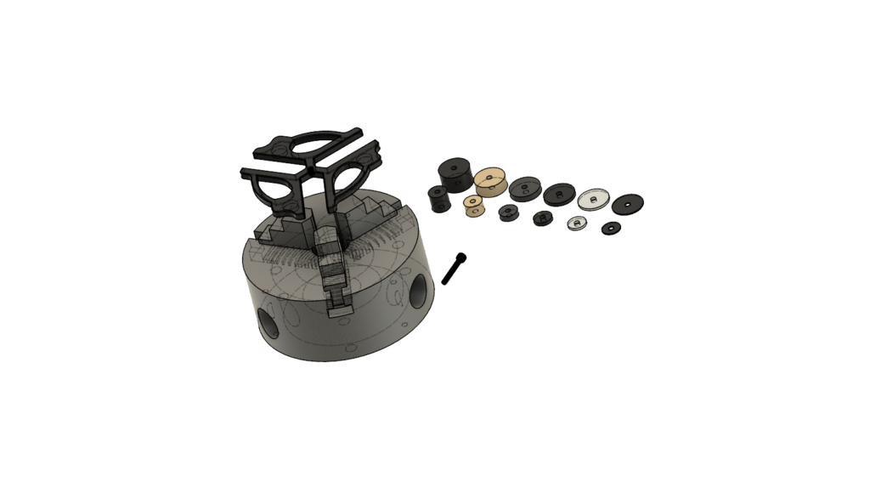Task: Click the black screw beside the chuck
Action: [x=454, y=269]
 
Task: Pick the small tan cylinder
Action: [x=472, y=206]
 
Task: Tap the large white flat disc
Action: [x=591, y=199]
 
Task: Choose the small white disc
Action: [x=577, y=223]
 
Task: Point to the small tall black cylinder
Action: [x=438, y=199]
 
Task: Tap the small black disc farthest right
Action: [x=611, y=228]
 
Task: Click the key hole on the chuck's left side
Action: [x=268, y=324]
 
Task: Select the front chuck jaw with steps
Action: [x=336, y=272]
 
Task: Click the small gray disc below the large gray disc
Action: [x=508, y=211]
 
